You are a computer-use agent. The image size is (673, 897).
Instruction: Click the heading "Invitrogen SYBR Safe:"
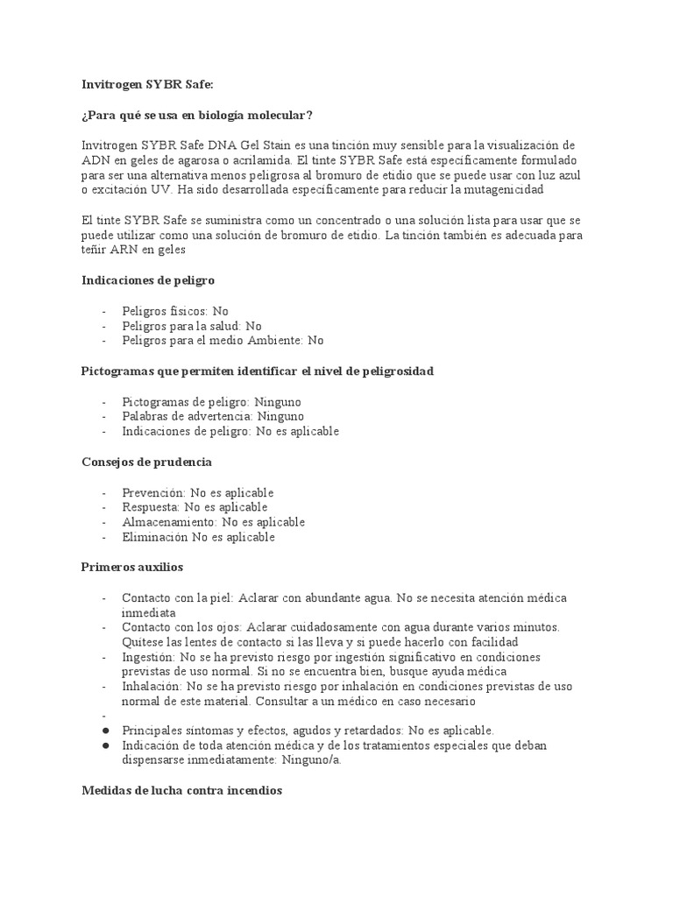coord(147,84)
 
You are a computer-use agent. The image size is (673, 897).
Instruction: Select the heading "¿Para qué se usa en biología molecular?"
coord(196,115)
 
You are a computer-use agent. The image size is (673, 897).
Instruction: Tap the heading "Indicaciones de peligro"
coord(148,280)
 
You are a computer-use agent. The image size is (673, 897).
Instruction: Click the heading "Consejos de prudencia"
coord(146,462)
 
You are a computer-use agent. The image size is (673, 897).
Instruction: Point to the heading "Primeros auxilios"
coord(132,568)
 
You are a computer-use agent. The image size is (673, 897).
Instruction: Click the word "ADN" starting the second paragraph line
coord(96,160)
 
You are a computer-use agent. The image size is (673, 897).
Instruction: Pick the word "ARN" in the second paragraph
coord(96,251)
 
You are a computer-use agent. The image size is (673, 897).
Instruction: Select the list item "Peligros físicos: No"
coord(175,311)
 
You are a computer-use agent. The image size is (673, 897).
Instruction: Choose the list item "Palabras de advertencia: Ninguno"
coord(213,416)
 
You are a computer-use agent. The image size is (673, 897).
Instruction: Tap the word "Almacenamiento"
coord(170,522)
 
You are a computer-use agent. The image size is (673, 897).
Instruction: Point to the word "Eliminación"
coord(155,537)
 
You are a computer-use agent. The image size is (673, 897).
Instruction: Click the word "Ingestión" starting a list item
coord(149,657)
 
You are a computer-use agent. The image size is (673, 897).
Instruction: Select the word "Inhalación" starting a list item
coord(152,687)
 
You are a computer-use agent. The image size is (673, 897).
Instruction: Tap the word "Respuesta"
coord(151,507)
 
